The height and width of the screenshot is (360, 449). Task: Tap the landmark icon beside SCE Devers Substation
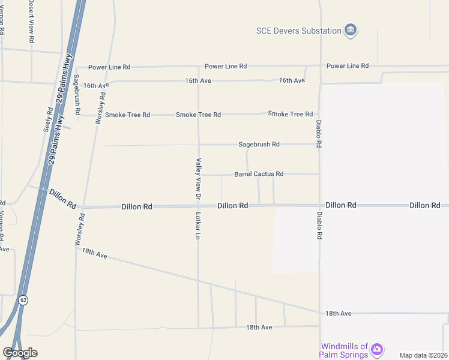pyautogui.click(x=351, y=30)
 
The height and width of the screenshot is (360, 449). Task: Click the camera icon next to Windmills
pyautogui.click(x=377, y=349)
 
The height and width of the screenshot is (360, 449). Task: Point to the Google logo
pyautogui.click(x=20, y=353)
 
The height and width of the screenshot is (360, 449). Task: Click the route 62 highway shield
pyautogui.click(x=23, y=299)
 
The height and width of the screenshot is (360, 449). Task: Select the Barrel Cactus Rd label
pyautogui.click(x=259, y=174)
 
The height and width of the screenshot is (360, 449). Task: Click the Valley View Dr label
pyautogui.click(x=197, y=178)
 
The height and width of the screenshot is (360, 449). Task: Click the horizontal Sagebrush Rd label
pyautogui.click(x=259, y=145)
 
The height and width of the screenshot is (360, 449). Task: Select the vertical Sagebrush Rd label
pyautogui.click(x=77, y=94)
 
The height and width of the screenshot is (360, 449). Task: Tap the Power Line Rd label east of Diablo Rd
pyautogui.click(x=348, y=65)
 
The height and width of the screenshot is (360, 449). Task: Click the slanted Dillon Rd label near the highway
pyautogui.click(x=62, y=199)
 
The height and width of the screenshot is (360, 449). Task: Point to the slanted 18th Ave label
pyautogui.click(x=94, y=254)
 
